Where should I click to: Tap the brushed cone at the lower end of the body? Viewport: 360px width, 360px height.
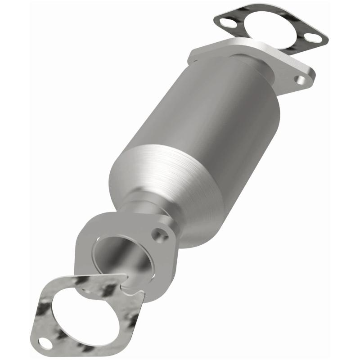tap(180, 180)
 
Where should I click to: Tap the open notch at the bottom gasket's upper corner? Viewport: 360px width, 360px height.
tap(130, 283)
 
